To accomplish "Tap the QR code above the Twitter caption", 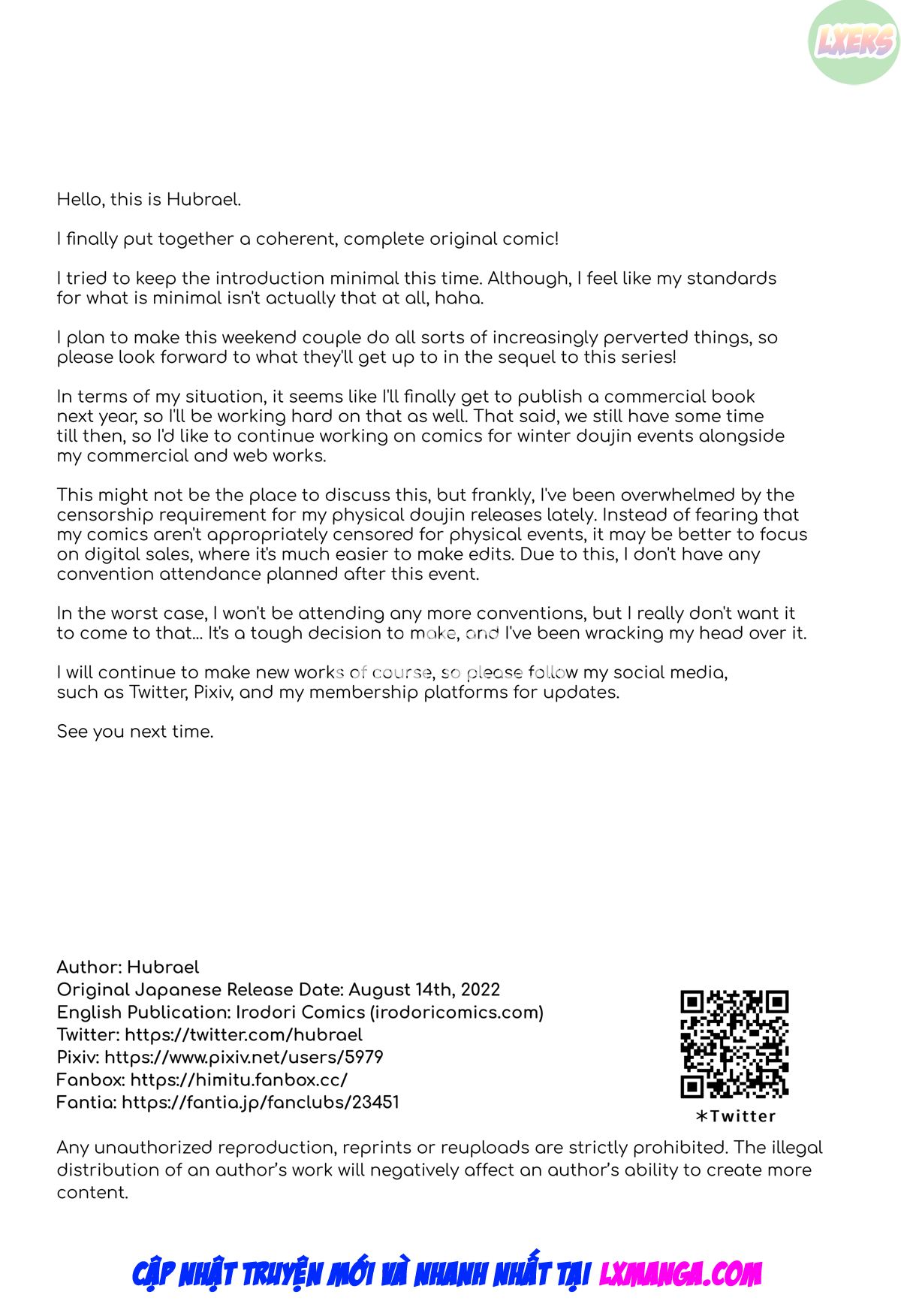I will click(734, 1043).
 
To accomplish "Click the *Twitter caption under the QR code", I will click(735, 1116).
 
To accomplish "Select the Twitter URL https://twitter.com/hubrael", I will click(243, 1035).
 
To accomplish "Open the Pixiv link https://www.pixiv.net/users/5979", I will click(243, 1058).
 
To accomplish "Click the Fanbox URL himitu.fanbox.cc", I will click(239, 1080).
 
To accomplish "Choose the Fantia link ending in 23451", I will click(260, 1103).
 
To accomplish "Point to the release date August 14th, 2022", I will click(424, 990).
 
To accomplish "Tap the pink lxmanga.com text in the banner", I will click(680, 1274).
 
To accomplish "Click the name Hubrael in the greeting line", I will click(203, 200).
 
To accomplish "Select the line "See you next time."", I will click(135, 732).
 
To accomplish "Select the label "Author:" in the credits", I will click(89, 967).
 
